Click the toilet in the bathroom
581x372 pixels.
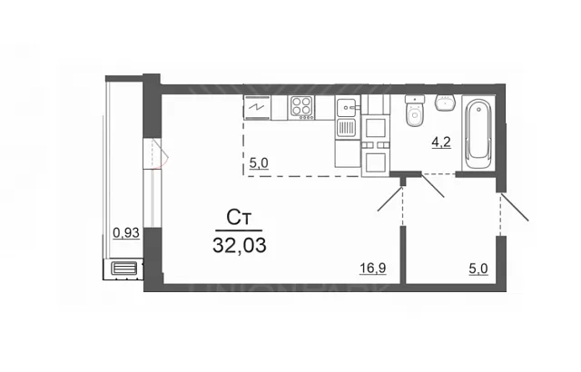click(414, 111)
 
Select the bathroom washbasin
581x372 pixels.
click(446, 103)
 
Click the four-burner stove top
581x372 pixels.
click(302, 108)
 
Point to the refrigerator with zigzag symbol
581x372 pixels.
click(257, 107)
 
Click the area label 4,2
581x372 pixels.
click(441, 142)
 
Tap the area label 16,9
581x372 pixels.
click(373, 269)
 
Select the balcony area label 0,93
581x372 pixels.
click(126, 233)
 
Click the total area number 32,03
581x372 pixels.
click(240, 245)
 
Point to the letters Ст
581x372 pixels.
click(239, 218)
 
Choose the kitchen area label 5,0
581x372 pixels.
click(259, 163)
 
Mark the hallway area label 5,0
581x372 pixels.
click(478, 269)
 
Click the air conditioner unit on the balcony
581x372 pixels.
click(124, 268)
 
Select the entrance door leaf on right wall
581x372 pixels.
click(515, 207)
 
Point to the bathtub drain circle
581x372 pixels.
click(479, 110)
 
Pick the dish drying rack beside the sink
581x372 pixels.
click(347, 128)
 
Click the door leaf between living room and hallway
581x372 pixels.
click(389, 199)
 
